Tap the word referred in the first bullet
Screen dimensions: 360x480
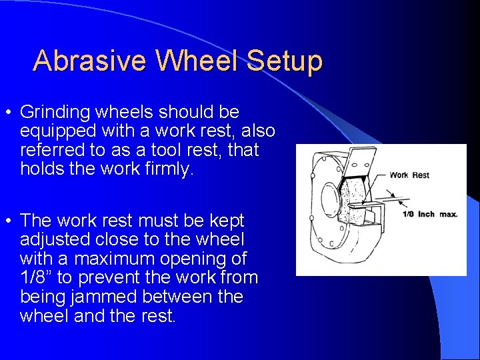coord(53,150)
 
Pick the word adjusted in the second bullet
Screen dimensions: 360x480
coord(55,239)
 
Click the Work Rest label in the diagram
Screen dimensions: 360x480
coord(409,175)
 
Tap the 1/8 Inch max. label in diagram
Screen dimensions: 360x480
coord(429,214)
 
